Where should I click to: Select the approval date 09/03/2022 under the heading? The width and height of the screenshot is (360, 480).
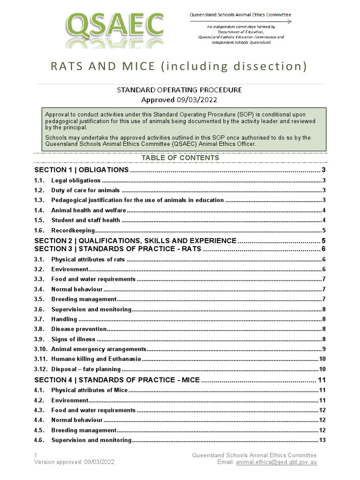tap(196, 99)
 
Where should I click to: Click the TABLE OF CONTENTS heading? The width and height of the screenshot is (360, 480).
tap(180, 158)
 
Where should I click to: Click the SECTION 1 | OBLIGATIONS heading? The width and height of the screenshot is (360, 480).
tap(82, 170)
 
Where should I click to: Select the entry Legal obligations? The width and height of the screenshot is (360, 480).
tap(75, 180)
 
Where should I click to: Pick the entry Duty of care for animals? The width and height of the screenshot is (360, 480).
tap(85, 190)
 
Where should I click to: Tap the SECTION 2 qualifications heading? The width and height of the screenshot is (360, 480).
tap(135, 240)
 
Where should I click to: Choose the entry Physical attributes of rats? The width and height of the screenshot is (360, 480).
tap(88, 259)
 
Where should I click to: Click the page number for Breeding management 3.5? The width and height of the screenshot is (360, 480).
tap(324, 299)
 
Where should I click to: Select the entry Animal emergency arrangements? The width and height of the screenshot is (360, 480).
tap(99, 349)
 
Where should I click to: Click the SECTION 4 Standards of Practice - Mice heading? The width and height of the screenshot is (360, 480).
tap(117, 380)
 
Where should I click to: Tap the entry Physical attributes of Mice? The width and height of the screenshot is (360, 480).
tap(89, 390)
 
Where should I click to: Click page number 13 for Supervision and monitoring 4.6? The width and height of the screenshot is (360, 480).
tap(322, 440)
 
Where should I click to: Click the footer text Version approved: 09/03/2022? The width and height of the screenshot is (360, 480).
tap(74, 462)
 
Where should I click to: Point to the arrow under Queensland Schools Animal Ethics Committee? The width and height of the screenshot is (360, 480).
tap(240, 22)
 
